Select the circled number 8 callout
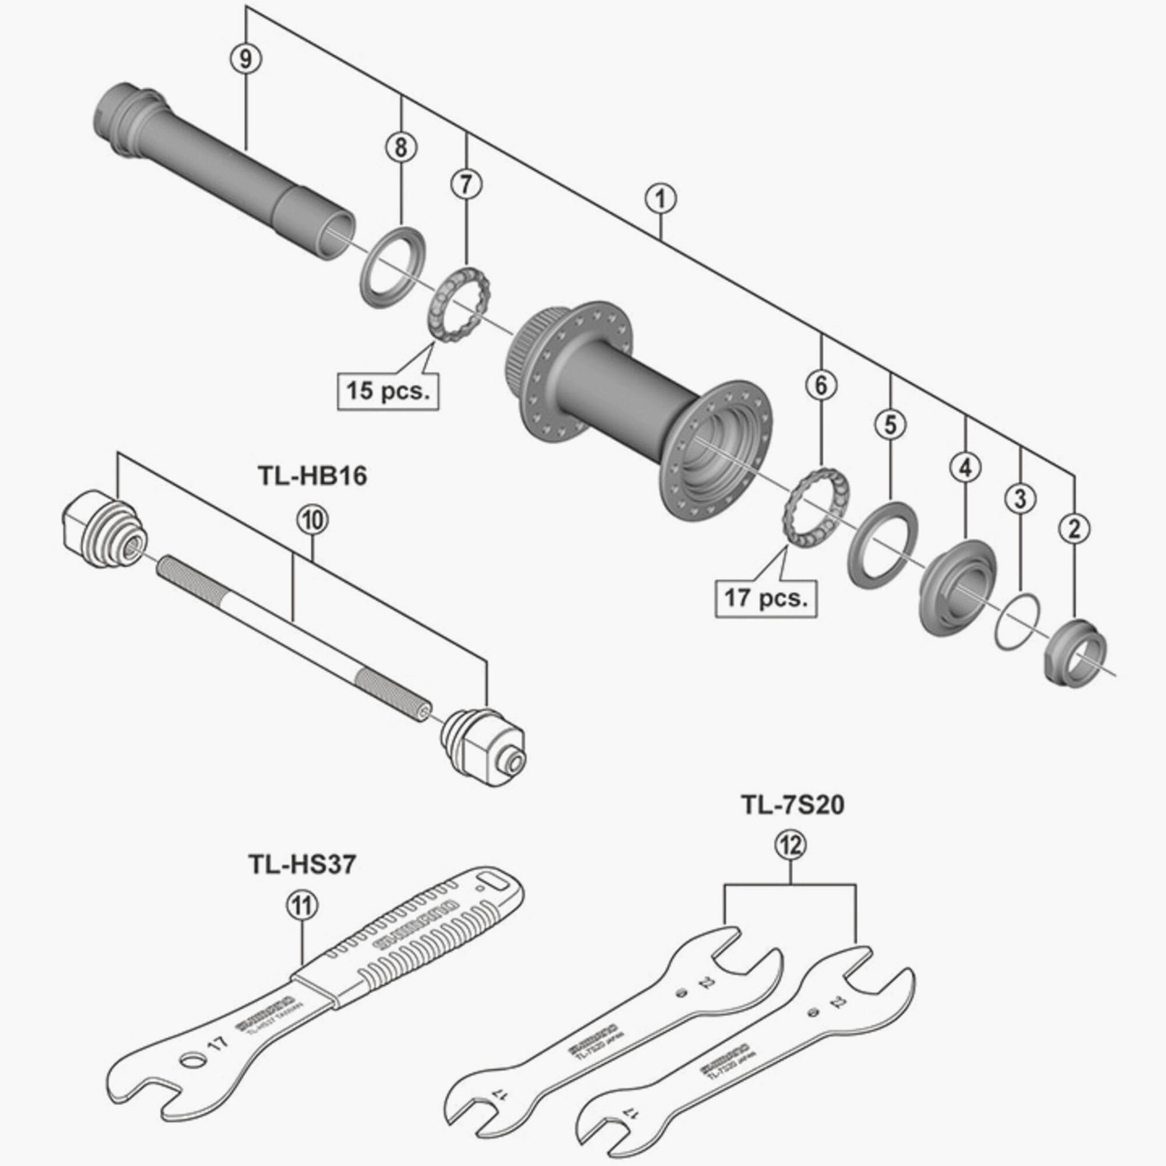point(401,147)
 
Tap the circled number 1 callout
point(661,199)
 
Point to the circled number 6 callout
point(821,385)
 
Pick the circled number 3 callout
point(1020,498)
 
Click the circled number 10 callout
point(312,521)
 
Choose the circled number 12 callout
point(791,845)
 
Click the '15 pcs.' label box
point(388,391)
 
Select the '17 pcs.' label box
point(766,598)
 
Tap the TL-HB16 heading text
point(312,476)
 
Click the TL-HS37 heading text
point(302,865)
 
